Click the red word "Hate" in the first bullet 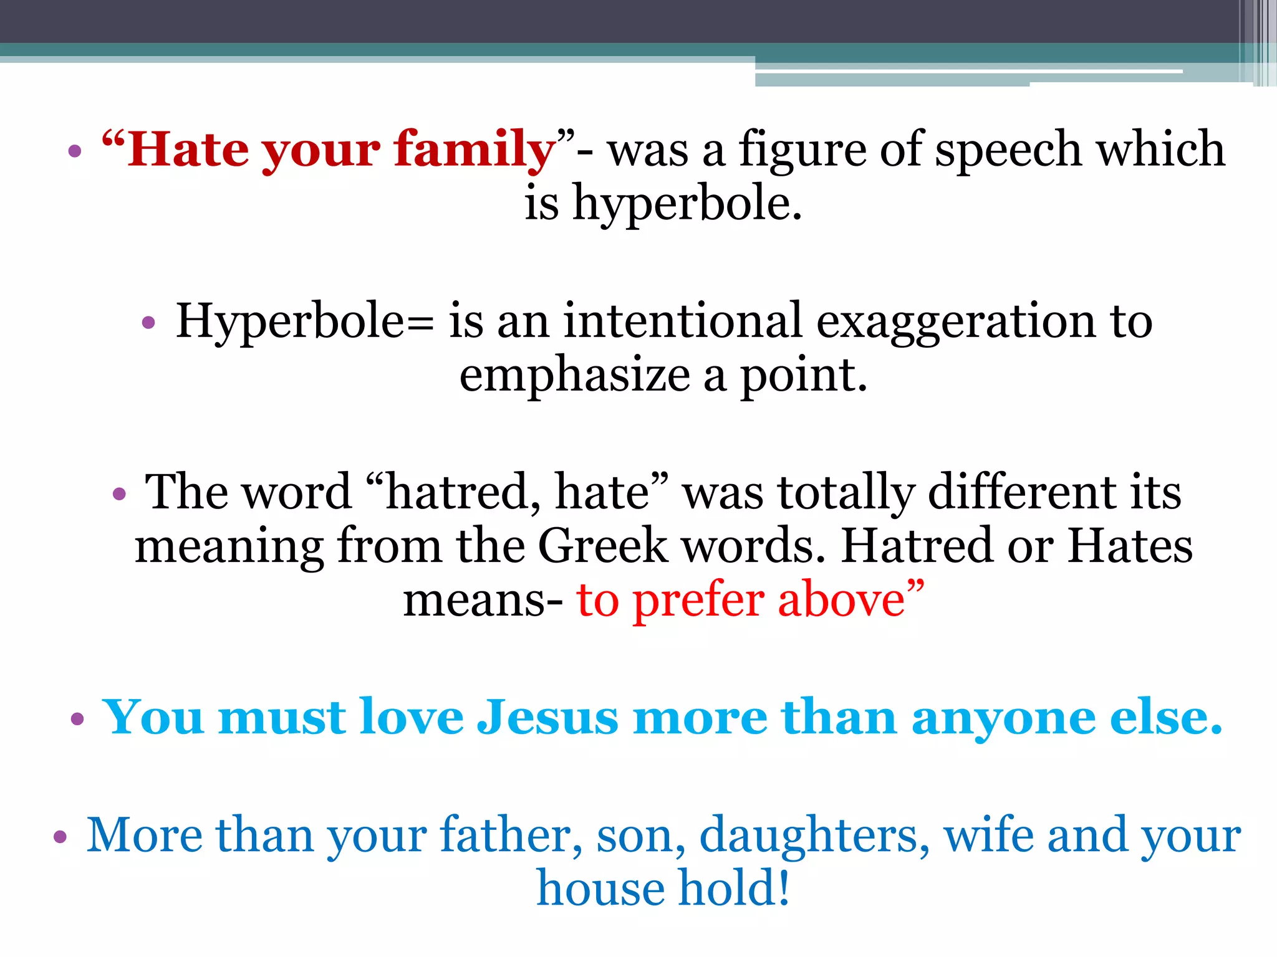187,150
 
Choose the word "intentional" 682,321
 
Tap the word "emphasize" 574,376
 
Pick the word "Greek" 602,546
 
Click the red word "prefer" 698,601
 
